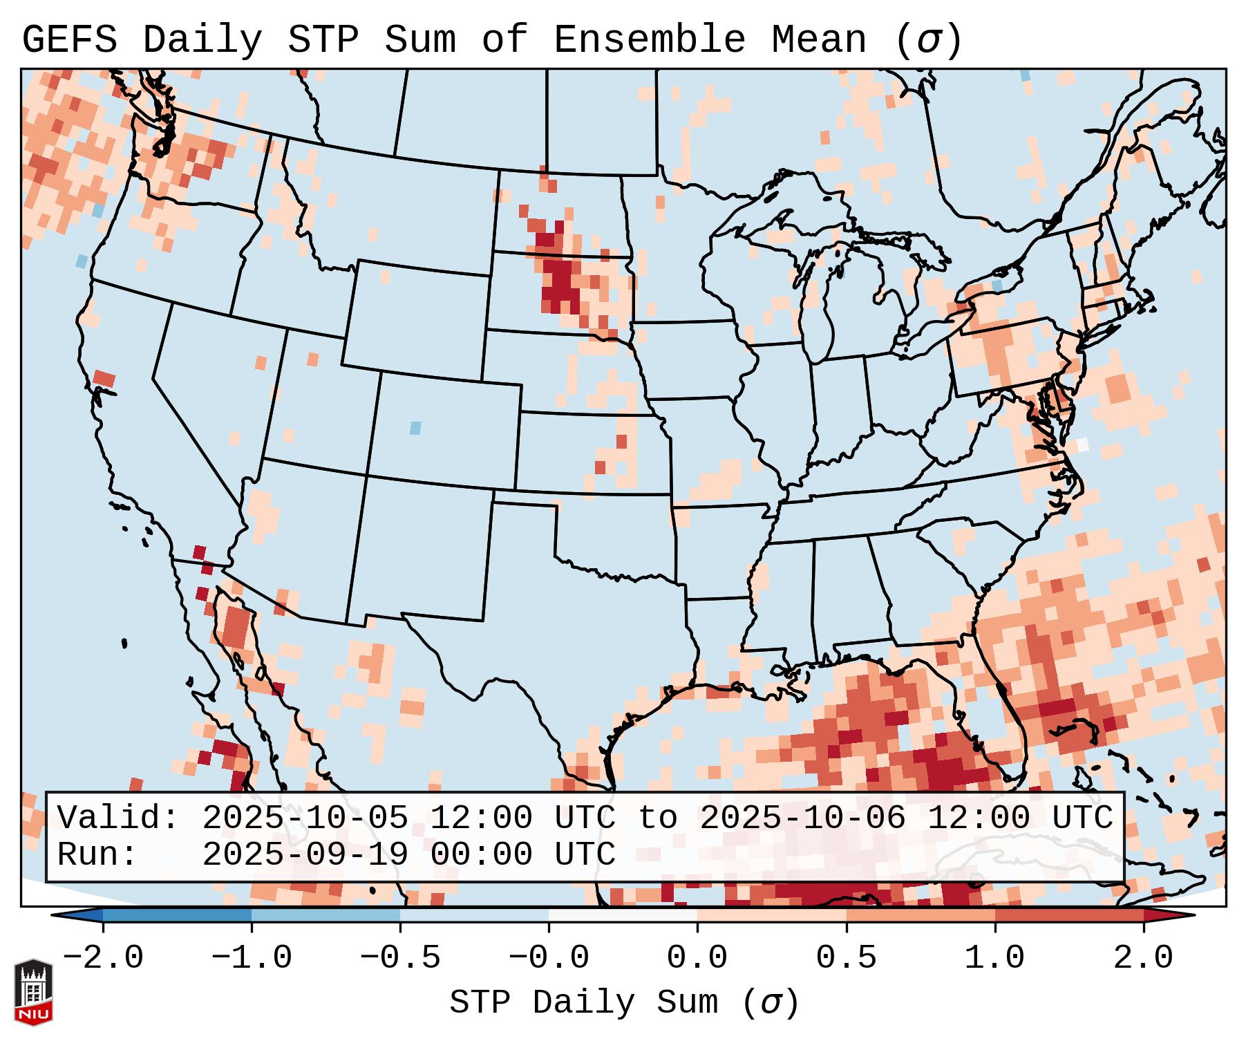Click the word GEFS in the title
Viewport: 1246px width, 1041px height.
point(70,39)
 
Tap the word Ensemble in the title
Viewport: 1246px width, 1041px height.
point(649,39)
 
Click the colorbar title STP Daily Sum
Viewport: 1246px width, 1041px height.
point(583,1003)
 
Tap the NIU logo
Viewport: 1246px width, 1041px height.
point(33,992)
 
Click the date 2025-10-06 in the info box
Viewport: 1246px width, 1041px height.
point(802,818)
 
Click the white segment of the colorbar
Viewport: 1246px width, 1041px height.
point(623,915)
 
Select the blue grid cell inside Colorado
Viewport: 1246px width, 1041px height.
point(415,428)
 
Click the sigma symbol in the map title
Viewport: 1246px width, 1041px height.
point(928,39)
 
